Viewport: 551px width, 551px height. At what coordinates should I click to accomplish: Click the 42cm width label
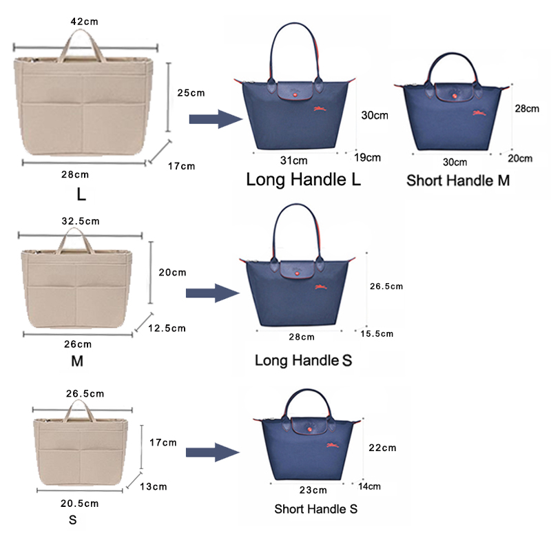point(85,21)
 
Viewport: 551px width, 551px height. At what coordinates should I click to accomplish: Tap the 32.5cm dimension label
point(81,222)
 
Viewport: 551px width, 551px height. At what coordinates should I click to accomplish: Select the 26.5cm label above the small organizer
point(85,394)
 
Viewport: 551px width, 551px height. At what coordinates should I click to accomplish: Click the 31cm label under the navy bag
point(294,160)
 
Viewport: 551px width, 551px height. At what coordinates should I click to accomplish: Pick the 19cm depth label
point(367,157)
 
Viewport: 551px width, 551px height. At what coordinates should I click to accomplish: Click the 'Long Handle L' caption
point(304,180)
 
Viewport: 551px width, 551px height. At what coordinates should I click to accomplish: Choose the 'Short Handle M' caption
point(458,181)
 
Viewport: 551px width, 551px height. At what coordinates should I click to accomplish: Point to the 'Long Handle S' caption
point(304,360)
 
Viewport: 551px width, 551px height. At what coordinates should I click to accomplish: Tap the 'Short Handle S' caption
point(316,510)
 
